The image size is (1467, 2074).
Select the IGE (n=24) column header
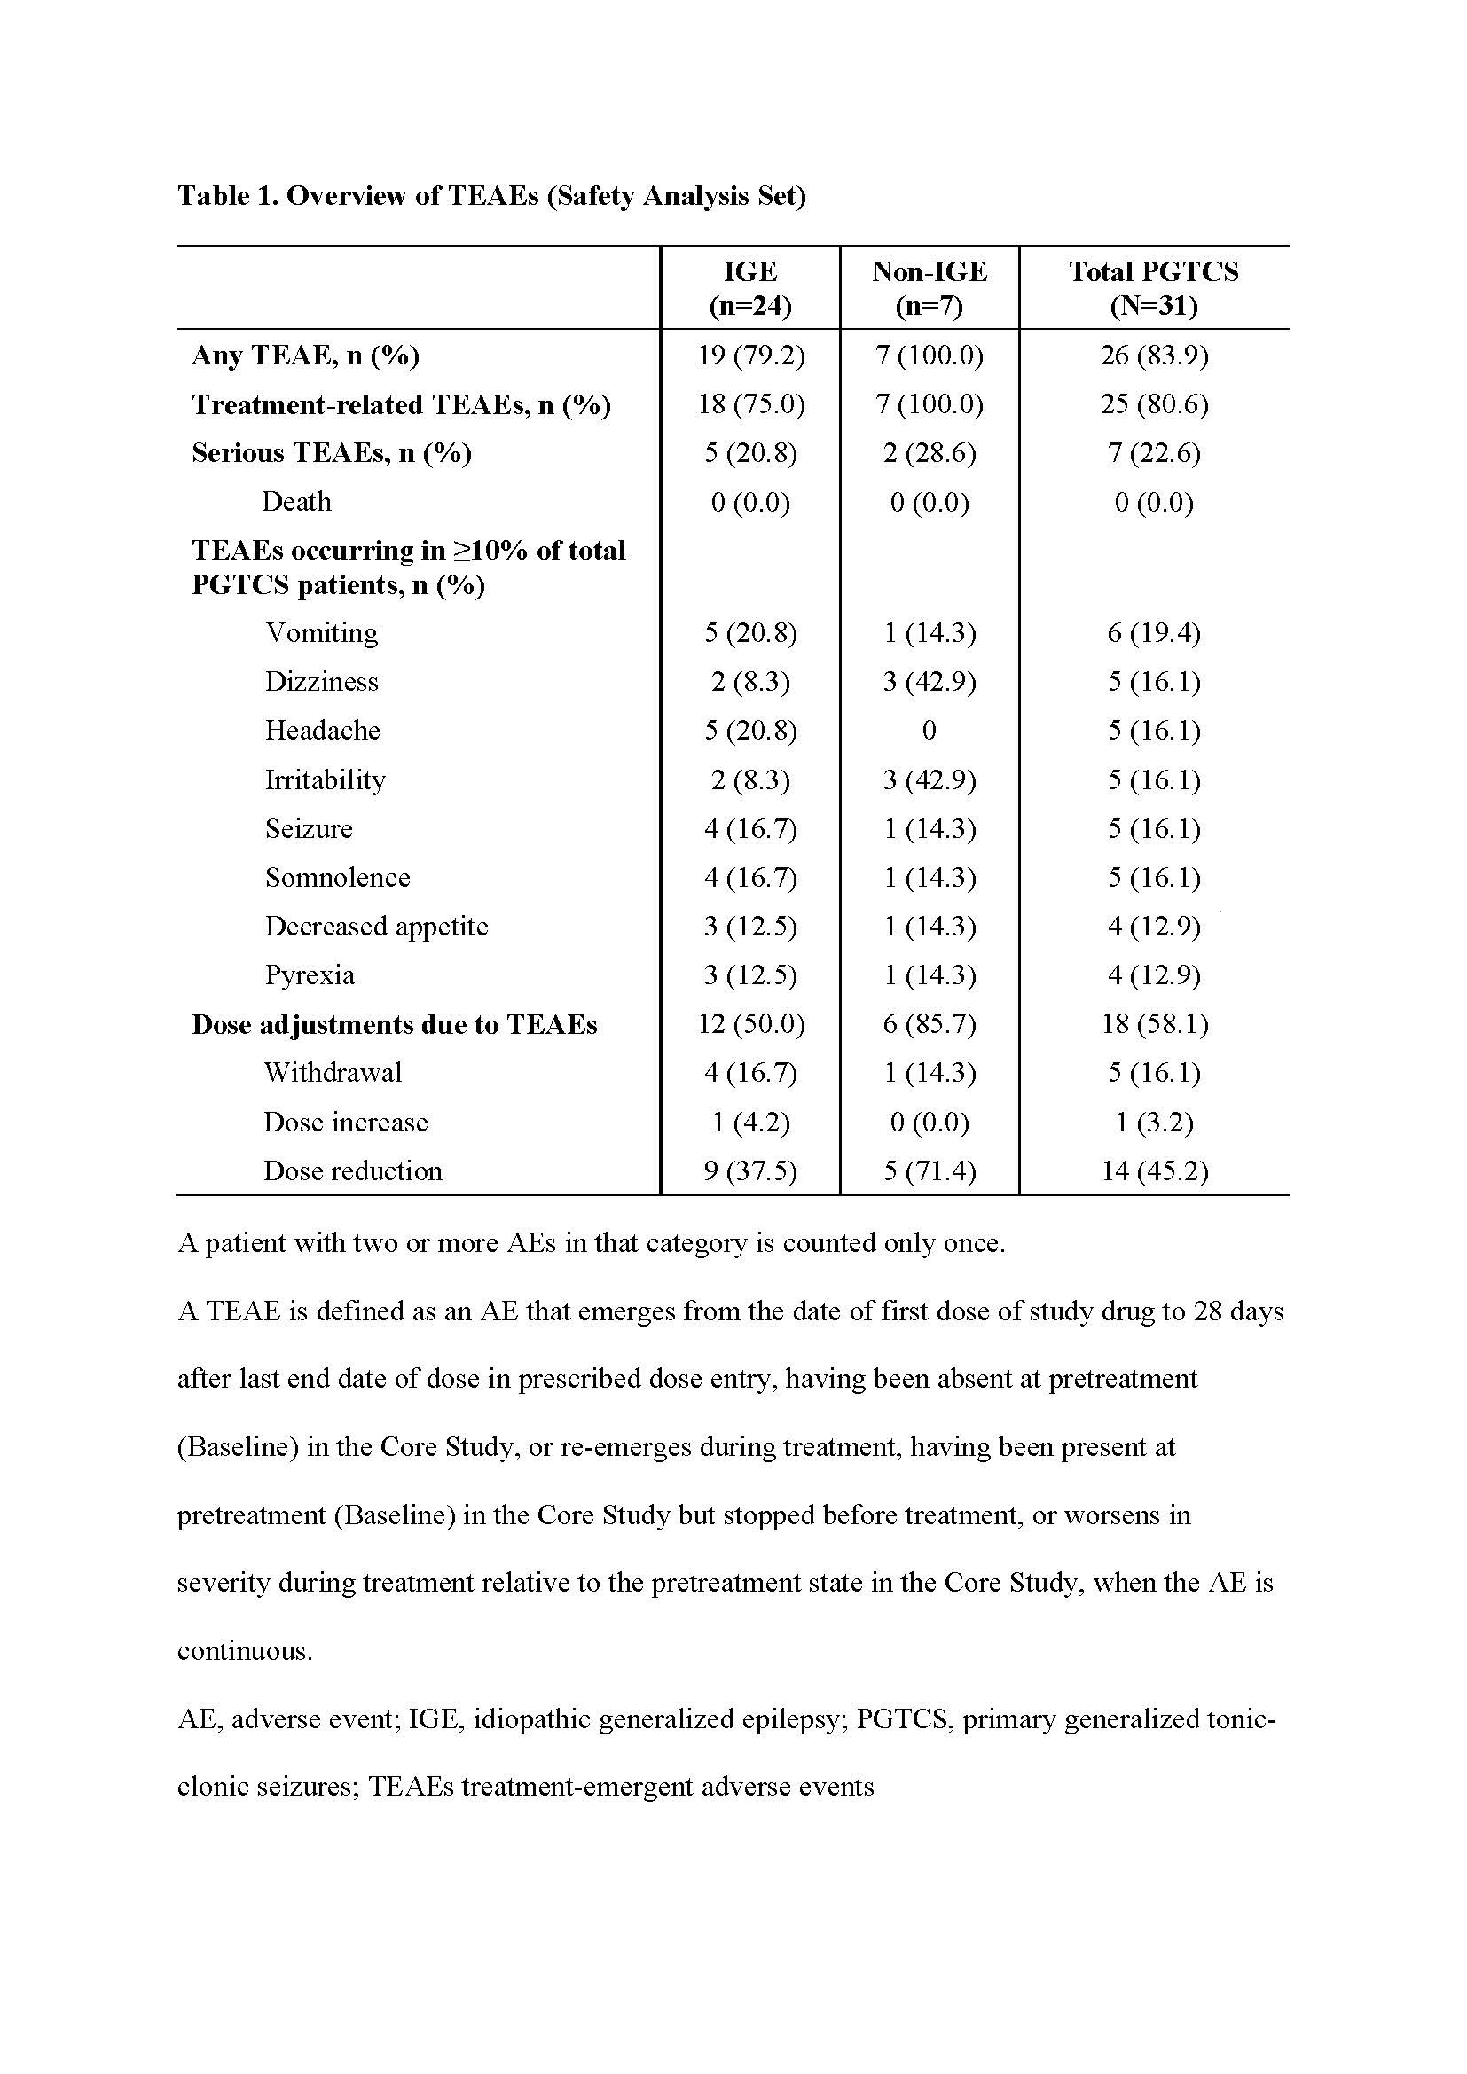pos(749,288)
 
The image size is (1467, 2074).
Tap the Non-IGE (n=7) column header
pos(929,288)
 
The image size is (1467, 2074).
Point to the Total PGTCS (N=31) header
pos(1154,288)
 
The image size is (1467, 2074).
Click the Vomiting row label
pos(322,632)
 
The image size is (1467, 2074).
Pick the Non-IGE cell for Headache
pos(929,730)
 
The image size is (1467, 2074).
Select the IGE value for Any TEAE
pos(749,355)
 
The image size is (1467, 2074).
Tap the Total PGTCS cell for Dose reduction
pos(1154,1170)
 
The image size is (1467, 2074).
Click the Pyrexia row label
pos(310,974)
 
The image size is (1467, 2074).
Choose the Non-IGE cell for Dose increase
pos(929,1122)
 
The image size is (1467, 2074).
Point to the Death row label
pos(296,501)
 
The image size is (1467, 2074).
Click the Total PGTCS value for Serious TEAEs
pos(1154,452)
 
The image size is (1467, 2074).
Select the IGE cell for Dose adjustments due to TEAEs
pos(749,1023)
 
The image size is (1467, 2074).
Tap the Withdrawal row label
pos(333,1072)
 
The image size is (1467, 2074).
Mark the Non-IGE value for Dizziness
pos(929,681)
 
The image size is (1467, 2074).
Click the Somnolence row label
pos(337,877)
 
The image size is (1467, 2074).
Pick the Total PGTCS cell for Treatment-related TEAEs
pos(1154,403)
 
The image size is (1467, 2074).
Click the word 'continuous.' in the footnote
pos(244,1650)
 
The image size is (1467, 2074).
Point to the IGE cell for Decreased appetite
pos(749,926)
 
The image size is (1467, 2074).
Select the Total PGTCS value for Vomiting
pos(1154,632)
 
